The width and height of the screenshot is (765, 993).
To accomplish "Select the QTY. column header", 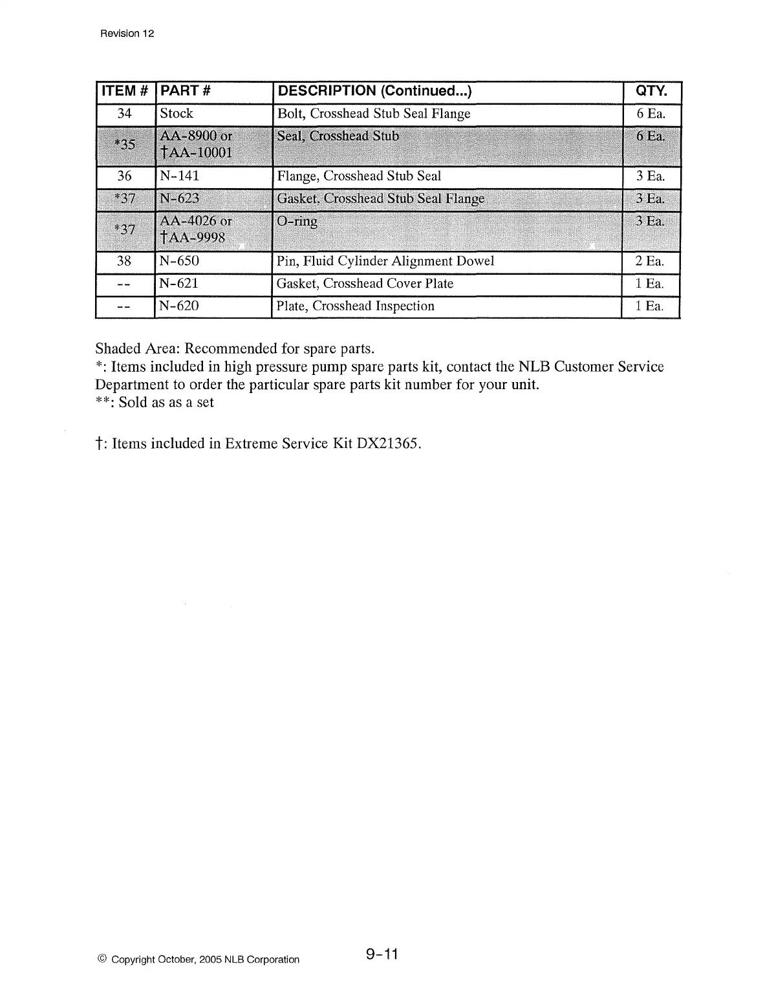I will coord(650,91).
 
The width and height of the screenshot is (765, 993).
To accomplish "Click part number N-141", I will coord(179,176).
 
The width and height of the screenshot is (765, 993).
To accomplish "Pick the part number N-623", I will coord(179,198).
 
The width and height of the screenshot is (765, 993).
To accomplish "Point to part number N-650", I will coord(179,261).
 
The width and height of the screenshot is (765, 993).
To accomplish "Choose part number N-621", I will coord(179,284).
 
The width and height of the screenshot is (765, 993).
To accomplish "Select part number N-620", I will coord(179,306).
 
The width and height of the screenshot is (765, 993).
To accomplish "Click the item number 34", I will coord(124,114).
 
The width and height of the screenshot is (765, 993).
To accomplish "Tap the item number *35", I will coord(124,144).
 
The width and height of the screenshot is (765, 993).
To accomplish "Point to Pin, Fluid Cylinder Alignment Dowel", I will coord(385,261).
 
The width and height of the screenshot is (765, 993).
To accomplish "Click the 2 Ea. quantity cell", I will coord(649,261).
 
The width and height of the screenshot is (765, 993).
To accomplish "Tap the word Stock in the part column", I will coord(176,114).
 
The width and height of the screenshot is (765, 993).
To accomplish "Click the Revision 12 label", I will coord(127,34).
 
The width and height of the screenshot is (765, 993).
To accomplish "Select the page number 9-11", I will coord(382,954).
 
